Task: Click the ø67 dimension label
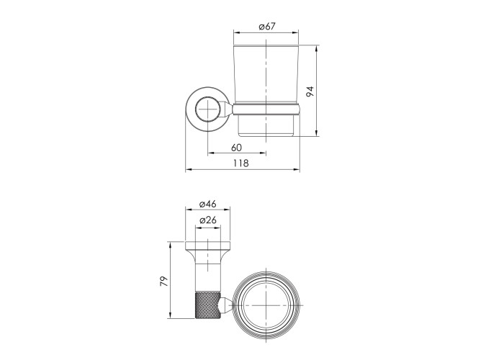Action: tap(266, 26)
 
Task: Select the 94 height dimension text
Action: tap(310, 91)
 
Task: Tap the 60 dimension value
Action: tap(236, 148)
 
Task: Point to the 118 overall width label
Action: tap(241, 163)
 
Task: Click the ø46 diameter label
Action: tap(207, 204)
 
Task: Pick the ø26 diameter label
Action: tap(207, 220)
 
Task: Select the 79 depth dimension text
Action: tap(164, 281)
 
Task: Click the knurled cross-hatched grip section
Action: tap(208, 305)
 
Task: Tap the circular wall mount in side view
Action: tap(207, 109)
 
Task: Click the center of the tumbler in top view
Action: tap(266, 305)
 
